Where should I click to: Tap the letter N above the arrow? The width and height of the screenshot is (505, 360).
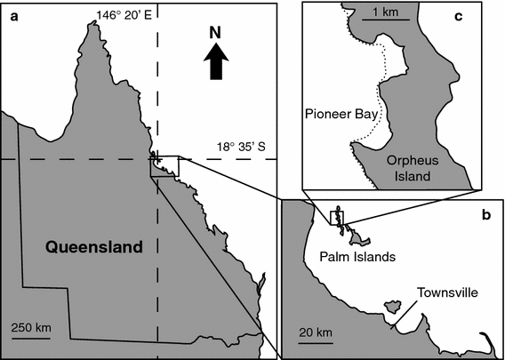[214, 33]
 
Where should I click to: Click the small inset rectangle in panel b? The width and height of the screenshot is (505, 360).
[336, 218]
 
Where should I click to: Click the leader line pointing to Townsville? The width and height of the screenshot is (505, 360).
[404, 314]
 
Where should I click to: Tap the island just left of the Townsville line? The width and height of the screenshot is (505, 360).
[389, 307]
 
